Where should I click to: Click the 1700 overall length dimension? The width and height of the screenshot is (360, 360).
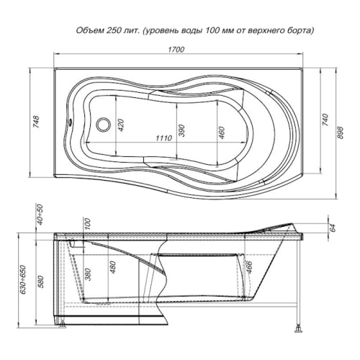point(176,50)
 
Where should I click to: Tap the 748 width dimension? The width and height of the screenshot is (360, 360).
point(36,122)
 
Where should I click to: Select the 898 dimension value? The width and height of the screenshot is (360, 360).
point(340,132)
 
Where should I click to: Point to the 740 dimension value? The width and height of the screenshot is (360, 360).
point(325,120)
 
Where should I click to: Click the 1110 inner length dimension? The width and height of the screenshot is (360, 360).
point(164,138)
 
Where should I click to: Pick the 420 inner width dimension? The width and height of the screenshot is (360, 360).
point(121,125)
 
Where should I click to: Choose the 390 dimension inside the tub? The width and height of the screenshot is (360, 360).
point(181,130)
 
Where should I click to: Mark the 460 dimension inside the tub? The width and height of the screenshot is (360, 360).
point(221,132)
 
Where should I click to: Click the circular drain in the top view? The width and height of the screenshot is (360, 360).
point(104,125)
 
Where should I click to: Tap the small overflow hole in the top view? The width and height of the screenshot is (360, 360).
point(71,122)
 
